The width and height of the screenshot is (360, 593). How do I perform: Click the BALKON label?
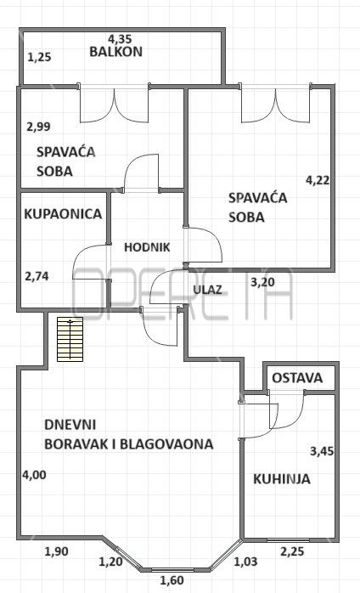click(115, 52)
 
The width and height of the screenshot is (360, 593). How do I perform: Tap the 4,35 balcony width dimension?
click(120, 38)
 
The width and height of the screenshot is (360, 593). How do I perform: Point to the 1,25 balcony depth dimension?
click(39, 58)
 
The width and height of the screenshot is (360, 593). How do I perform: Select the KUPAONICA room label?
click(63, 214)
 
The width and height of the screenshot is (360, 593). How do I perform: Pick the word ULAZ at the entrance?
click(207, 290)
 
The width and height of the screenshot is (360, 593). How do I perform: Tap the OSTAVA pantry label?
click(297, 378)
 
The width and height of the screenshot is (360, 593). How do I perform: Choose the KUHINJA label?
click(282, 479)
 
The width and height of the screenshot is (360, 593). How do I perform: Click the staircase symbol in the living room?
click(70, 339)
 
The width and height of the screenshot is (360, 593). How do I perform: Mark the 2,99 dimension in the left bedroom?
click(38, 127)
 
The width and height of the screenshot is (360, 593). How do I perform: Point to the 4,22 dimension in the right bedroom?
click(318, 180)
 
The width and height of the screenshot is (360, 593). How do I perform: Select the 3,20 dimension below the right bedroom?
click(263, 282)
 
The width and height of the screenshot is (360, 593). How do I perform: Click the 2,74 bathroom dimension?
click(37, 276)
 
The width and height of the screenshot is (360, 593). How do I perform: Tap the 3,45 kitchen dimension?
click(322, 451)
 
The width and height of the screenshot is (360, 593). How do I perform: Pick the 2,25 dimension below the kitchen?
click(292, 551)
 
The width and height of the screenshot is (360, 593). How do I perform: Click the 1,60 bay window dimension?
click(172, 580)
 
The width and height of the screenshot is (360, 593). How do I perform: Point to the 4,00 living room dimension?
click(34, 475)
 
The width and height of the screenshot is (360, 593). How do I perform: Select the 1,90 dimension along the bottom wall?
click(57, 551)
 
